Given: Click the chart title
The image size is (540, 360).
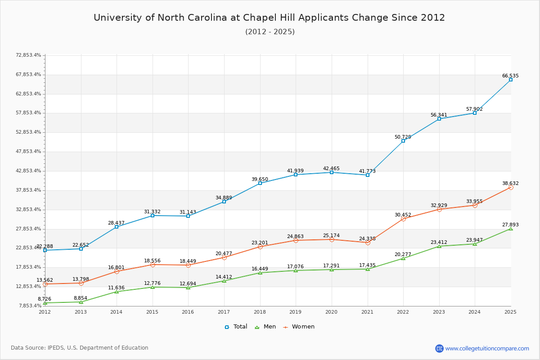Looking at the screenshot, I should pos(269,18).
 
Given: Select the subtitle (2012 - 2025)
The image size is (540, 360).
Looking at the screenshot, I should pos(270,32).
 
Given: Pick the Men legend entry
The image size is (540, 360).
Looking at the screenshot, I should pos(265,327).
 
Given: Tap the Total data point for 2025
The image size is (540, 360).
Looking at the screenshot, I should pos(511,80).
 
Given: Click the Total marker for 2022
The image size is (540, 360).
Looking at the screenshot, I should pos(403,141).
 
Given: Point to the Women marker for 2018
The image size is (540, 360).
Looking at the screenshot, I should pos(260,247).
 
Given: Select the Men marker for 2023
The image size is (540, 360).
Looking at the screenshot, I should pos(439,246).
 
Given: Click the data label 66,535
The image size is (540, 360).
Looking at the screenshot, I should pos(510,76).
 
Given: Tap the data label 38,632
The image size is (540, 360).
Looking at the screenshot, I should pos(510,184).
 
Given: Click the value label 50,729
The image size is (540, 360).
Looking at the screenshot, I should pos(403,137).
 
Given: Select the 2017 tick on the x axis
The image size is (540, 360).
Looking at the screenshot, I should pos(224,312).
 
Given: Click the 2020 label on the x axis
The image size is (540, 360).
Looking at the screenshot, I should pos(331,312).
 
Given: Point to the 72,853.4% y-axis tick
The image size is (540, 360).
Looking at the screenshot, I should pos(28,55).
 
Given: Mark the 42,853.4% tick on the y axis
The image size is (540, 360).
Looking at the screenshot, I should pos(28,171).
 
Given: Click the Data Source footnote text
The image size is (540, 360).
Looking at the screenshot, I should pos(80,348).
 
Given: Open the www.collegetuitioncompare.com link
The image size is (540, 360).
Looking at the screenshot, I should pos(487,348).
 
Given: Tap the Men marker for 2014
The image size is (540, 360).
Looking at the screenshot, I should pos(117,292).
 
